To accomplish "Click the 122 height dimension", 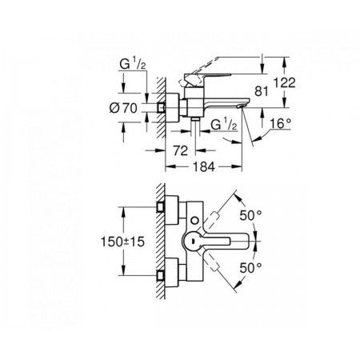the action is (x=285, y=83).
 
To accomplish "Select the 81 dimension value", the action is (x=261, y=92).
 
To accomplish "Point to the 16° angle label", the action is (x=280, y=123).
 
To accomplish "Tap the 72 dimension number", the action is (x=181, y=151).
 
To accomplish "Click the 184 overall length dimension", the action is (x=203, y=167).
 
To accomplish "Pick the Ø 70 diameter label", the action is (x=123, y=108).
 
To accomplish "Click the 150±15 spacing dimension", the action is (x=122, y=242).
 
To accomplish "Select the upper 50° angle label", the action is (x=250, y=215).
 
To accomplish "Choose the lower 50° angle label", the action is (x=250, y=268).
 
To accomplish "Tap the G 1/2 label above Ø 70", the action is (x=133, y=65).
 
